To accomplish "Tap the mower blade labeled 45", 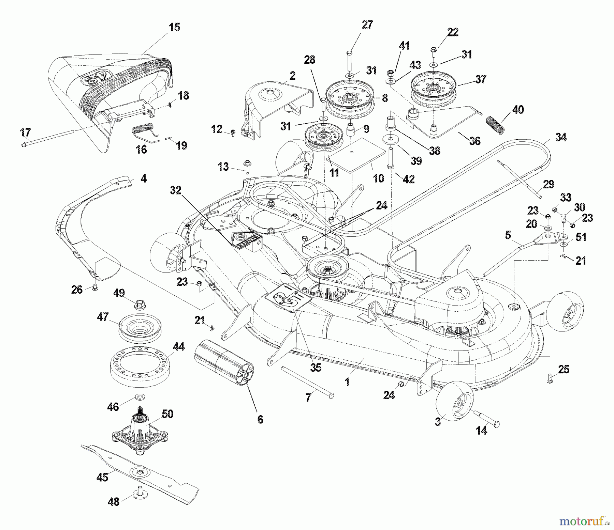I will point(140,474).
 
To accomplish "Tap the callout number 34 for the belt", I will point(561,137).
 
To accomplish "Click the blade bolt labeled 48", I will point(140,496).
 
